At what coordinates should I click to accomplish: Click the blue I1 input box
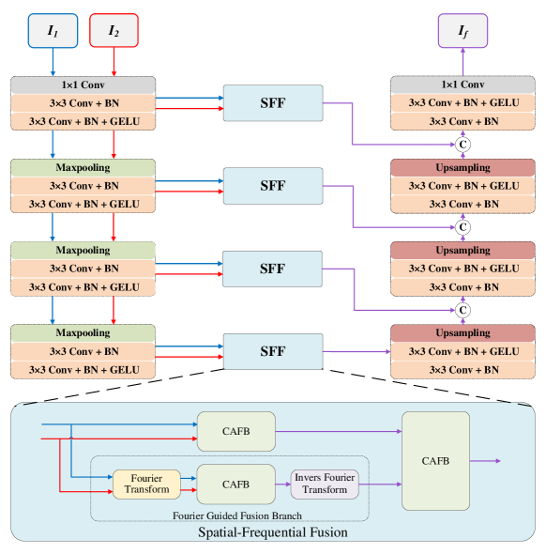coord(52,31)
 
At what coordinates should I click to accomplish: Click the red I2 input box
coord(114,31)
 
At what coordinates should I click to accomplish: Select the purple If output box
coord(463,31)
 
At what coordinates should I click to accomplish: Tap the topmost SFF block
coord(272,102)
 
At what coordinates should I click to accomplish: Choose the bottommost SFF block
coord(272,351)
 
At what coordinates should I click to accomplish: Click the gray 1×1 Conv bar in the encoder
coord(83,85)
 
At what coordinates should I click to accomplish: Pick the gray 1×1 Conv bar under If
coord(461,85)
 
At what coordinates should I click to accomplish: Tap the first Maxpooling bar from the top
coord(83,168)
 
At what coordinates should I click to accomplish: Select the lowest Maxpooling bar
coord(83,333)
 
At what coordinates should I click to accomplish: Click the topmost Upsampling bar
coord(461,168)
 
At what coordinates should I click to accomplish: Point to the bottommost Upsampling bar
coord(461,333)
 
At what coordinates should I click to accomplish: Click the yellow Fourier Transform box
coord(146,484)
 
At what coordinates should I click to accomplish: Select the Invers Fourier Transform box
coord(325,484)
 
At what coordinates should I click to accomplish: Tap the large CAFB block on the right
coord(435,460)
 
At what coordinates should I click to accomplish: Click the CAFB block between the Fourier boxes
coord(235,484)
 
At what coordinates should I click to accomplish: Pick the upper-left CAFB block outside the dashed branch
coord(235,432)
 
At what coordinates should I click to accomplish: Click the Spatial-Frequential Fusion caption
coord(272,532)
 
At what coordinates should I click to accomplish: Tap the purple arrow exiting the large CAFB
coord(485,461)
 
